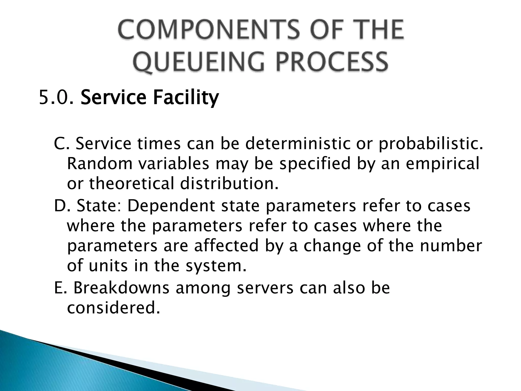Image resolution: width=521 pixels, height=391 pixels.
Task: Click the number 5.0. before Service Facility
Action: point(56,97)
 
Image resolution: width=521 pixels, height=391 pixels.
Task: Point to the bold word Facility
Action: point(186,97)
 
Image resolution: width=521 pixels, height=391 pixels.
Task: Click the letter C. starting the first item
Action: point(61,144)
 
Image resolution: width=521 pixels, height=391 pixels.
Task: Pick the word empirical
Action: point(442,164)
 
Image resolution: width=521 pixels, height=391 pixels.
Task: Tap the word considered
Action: point(113,308)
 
